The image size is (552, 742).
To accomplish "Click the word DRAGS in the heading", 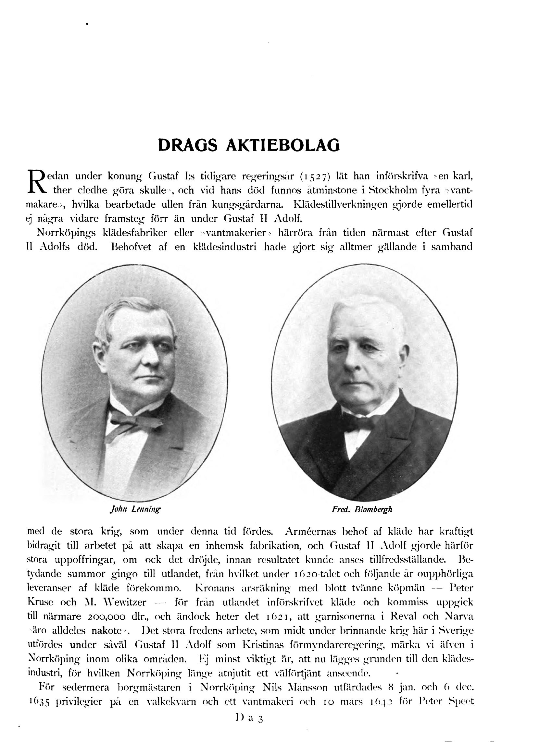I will pos(188,145).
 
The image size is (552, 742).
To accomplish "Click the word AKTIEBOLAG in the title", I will pos(283,145).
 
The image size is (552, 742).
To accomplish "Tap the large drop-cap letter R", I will pos(36,182).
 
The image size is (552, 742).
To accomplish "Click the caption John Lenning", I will pos(135,509).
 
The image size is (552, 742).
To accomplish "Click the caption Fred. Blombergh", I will pos(362,509).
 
